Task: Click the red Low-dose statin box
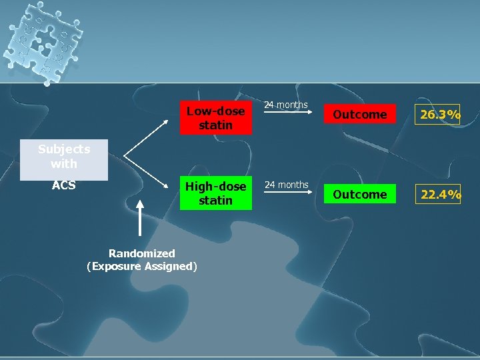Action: click(x=215, y=117)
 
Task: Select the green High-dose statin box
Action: click(x=215, y=193)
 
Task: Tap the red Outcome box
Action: click(x=359, y=115)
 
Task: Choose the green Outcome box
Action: click(x=359, y=194)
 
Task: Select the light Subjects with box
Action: click(x=64, y=159)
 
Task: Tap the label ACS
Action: click(x=63, y=185)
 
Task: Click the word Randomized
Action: click(x=142, y=253)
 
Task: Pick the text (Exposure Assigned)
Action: click(x=142, y=267)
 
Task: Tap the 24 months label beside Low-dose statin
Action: click(x=286, y=105)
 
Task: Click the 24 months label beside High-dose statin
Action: click(x=286, y=185)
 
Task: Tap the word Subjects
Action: click(x=64, y=149)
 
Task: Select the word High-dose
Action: click(x=215, y=186)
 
